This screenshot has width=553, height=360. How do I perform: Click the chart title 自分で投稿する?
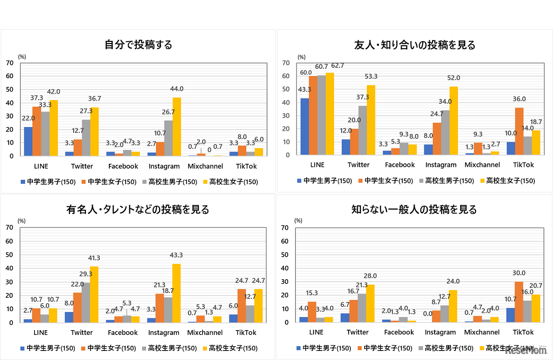(138, 45)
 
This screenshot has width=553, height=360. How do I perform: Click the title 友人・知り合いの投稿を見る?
(415, 45)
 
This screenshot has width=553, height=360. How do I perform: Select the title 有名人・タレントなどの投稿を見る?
(138, 210)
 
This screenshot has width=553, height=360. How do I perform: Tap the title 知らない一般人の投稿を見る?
(414, 210)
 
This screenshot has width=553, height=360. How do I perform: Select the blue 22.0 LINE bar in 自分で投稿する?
(28, 141)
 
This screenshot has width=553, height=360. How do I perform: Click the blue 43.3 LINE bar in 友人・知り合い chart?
(305, 126)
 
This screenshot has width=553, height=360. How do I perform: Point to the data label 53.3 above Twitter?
(370, 76)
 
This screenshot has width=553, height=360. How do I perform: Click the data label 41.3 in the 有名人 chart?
(94, 258)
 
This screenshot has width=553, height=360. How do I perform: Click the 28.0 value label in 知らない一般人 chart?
(370, 276)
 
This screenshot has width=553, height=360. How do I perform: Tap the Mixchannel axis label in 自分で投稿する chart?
(205, 166)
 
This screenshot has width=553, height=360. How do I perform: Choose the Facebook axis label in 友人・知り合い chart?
(400, 165)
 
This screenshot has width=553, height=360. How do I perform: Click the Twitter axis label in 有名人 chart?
(82, 332)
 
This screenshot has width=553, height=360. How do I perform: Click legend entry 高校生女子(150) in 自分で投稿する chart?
(230, 182)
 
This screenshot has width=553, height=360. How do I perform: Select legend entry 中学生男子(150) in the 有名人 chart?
(48, 348)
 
